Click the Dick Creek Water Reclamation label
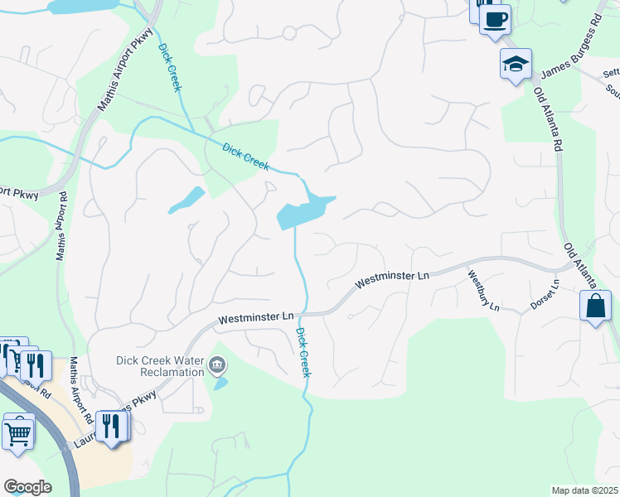click(x=159, y=366)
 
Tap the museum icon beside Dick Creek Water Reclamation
click(x=217, y=363)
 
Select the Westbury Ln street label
click(x=484, y=291)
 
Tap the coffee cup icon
click(x=496, y=18)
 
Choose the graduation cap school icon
click(x=516, y=64)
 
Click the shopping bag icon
click(x=596, y=306)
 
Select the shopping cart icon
click(x=18, y=431)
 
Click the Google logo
click(x=27, y=487)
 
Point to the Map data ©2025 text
click(x=584, y=490)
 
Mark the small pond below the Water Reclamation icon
click(x=220, y=384)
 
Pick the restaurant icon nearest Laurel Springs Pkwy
click(x=110, y=427)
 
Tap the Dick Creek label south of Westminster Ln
click(x=303, y=352)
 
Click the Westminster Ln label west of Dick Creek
click(x=257, y=317)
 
